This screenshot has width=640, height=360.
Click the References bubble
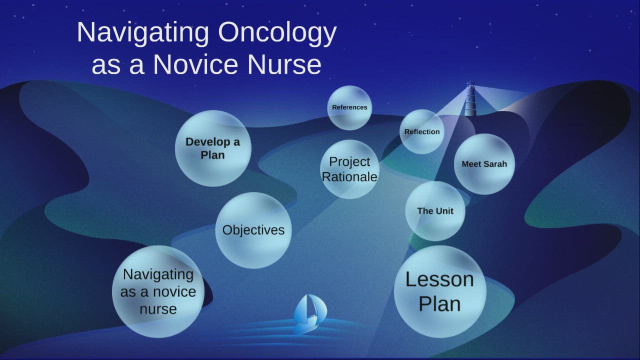click(349, 107)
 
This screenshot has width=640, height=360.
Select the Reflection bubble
click(422, 132)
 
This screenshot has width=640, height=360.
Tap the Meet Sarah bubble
click(484, 164)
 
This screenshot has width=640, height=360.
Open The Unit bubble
click(435, 211)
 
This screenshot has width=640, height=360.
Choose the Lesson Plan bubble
click(439, 291)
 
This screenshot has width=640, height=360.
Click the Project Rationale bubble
click(349, 169)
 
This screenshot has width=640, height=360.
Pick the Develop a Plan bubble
click(212, 148)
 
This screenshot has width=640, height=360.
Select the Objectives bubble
click(253, 230)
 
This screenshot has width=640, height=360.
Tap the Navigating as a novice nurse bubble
click(158, 291)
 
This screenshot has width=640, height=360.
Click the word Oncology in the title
click(277, 33)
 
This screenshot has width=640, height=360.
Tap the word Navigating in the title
click(143, 33)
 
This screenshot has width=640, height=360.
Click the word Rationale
click(349, 177)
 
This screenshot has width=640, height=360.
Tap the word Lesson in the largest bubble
click(439, 279)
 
